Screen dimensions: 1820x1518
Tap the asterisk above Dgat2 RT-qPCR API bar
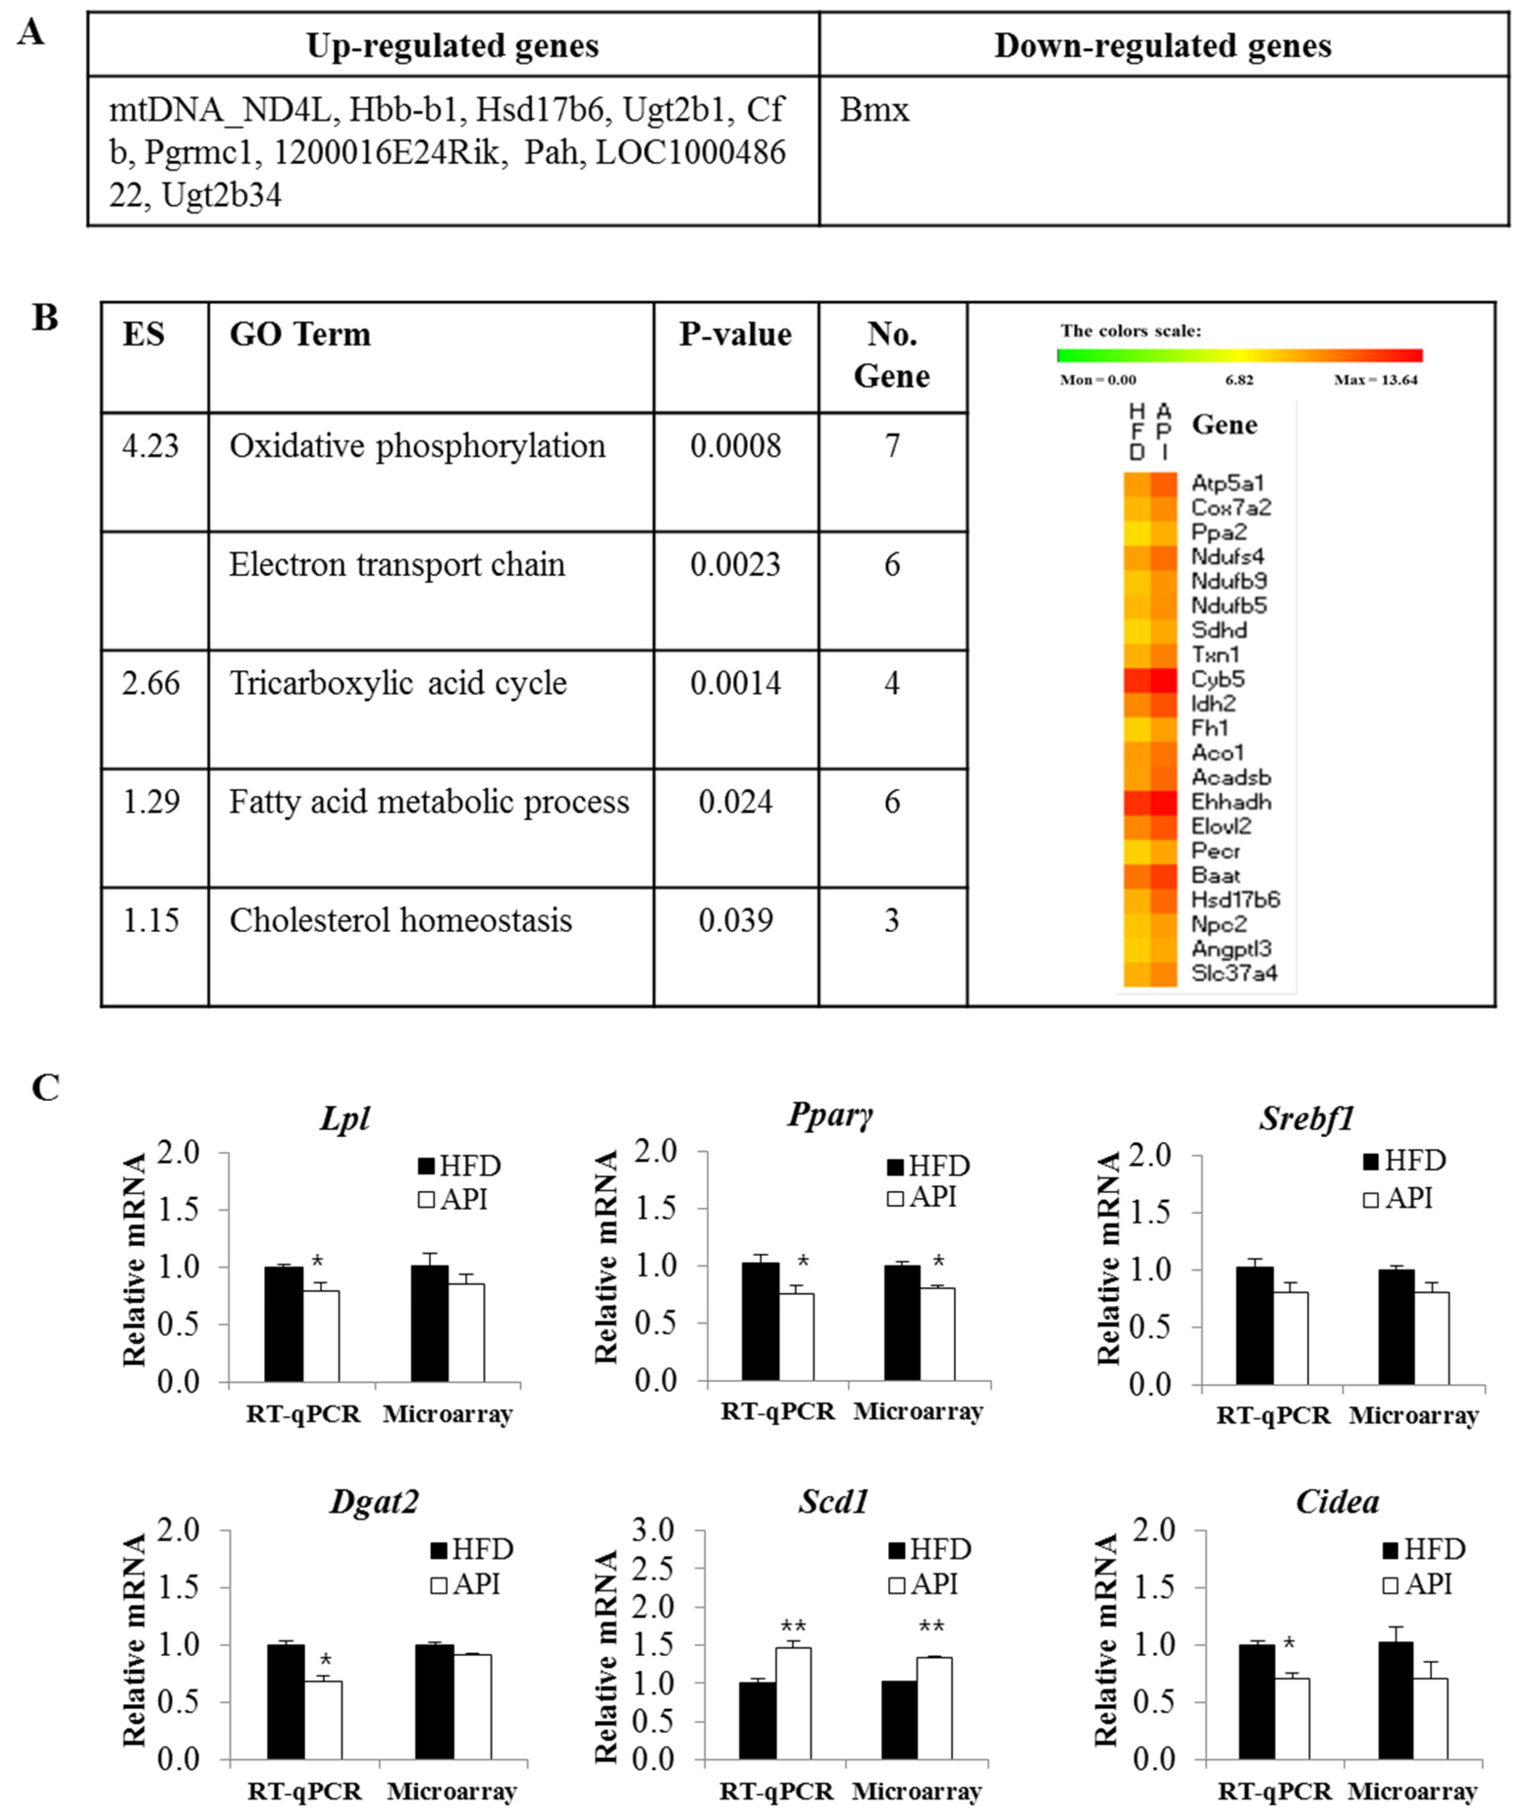click(x=326, y=1661)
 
